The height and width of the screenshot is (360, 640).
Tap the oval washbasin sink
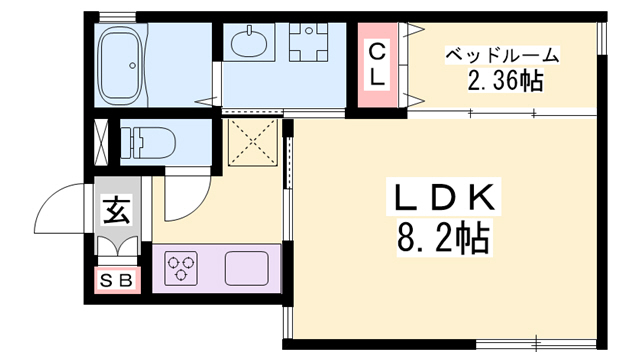[247, 44]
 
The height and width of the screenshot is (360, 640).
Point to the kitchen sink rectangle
[246, 268]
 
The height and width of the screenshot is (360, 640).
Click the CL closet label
[378, 62]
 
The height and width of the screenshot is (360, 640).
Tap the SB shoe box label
[117, 281]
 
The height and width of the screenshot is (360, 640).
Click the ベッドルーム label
[501, 55]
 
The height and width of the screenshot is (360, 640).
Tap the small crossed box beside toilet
[102, 141]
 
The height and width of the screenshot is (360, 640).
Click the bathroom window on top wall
[118, 15]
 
